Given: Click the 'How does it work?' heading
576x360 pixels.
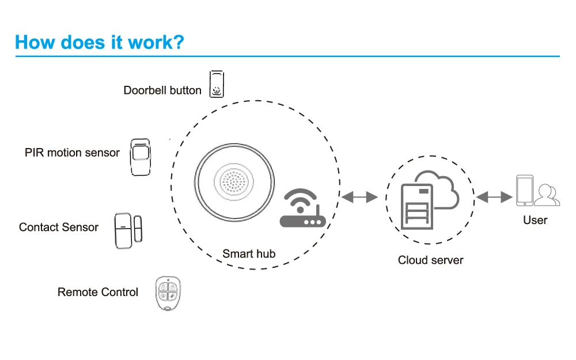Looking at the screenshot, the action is pos(99,42).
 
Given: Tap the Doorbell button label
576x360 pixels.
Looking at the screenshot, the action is pos(162,90).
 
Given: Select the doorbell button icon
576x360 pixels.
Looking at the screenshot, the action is pos(217,84).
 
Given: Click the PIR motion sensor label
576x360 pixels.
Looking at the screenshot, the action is pos(72,153).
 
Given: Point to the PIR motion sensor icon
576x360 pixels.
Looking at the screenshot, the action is pos(141,157).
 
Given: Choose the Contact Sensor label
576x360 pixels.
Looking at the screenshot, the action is pos(59,228).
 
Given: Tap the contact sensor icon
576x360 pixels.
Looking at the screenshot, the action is pos(128,231).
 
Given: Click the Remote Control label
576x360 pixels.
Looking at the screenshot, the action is pos(98,292).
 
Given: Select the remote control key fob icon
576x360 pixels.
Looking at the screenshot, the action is pos(168,294).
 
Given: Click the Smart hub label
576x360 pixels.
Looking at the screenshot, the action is pos(249,254).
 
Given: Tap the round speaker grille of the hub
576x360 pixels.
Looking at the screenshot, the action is pos(234,182).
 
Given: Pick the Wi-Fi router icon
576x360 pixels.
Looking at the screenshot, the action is pos(302,208).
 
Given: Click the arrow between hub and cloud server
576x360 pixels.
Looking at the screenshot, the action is pos(359,197).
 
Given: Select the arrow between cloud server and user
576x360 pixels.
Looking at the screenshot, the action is pos(494,197).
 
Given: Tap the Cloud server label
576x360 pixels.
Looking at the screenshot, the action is pos(430,260).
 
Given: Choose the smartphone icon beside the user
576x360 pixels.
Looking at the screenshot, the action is pos(525,190).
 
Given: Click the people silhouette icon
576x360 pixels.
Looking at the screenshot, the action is pos(547,195).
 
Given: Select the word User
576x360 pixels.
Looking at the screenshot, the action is pos(535,221).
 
